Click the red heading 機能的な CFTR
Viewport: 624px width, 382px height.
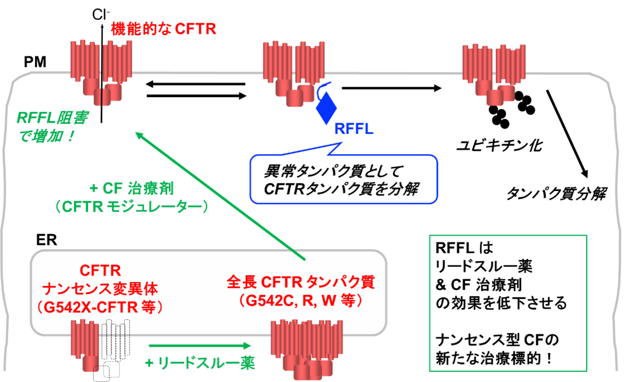coord(163,29)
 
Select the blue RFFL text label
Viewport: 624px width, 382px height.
coord(353,129)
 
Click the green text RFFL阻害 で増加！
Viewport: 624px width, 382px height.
coord(54,127)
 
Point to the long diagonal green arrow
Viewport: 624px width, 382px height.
coord(220,196)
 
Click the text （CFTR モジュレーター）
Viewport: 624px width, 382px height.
coord(131,207)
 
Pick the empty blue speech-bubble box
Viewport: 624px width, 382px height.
coord(344,179)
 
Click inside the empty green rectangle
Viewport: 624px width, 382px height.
coord(508,303)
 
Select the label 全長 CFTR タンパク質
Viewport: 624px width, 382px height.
coord(300,281)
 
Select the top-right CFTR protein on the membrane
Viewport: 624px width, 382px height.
coord(493,74)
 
